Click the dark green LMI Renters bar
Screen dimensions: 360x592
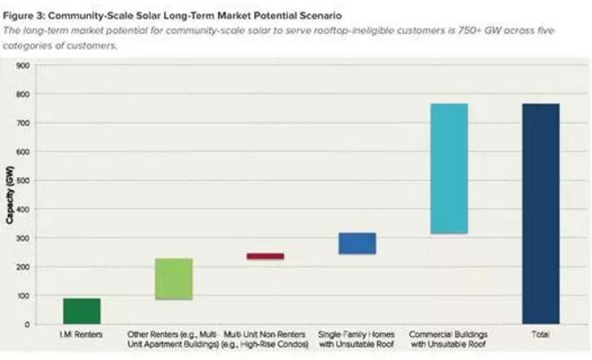[82, 311]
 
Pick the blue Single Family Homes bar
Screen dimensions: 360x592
[357, 244]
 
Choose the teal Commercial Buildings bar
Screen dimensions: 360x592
[448, 168]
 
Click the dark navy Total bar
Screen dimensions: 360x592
[541, 214]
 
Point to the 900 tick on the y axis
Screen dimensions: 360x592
[23, 65]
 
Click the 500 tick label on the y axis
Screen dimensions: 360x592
[23, 180]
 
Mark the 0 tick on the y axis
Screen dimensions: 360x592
[27, 325]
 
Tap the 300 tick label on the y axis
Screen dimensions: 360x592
[23, 238]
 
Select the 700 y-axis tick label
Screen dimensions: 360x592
[23, 122]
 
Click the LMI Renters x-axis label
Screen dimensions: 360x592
[82, 336]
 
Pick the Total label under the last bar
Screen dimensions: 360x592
[541, 336]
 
